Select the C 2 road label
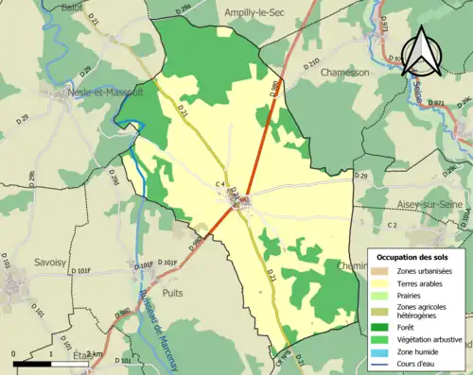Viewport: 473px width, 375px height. coord(392,225)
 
